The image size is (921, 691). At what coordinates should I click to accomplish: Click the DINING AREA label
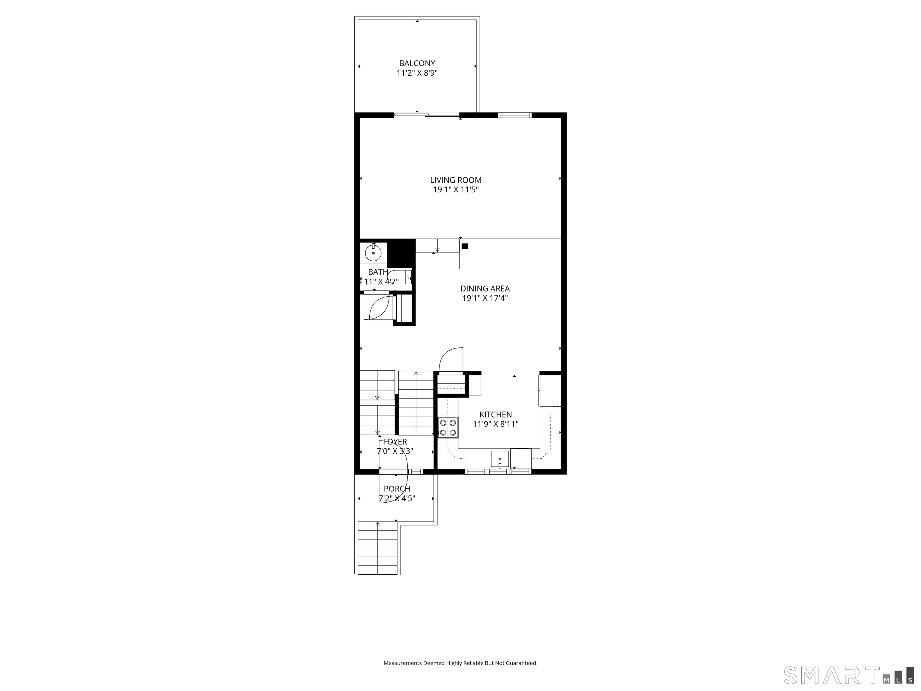coord(485,288)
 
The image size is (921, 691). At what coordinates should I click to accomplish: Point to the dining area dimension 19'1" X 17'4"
coord(485,298)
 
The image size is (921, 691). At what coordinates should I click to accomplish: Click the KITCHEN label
coord(496,414)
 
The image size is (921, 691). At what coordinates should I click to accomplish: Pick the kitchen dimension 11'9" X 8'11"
coord(496,424)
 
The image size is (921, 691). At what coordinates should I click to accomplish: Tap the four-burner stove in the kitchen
coord(448,428)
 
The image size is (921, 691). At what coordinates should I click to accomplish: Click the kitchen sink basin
coord(500,459)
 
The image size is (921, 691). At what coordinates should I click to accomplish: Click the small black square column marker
coord(465,246)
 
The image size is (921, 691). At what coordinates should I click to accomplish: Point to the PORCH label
coord(397,489)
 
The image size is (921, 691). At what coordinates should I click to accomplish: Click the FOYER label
coord(395,441)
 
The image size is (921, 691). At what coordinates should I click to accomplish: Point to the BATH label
coord(378,272)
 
